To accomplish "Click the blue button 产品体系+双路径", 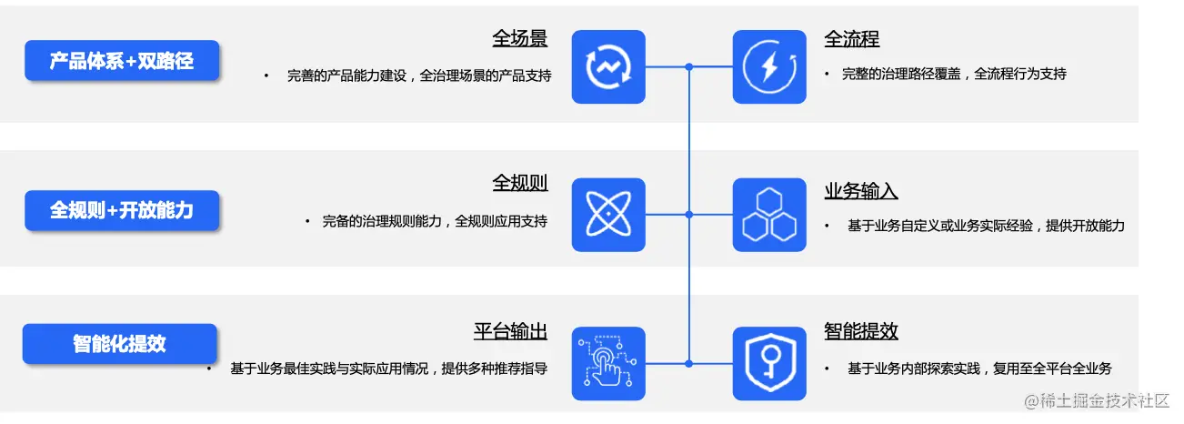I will tap(122, 61).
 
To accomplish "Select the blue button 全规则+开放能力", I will tap(122, 210).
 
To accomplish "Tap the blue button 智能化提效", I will tap(120, 344).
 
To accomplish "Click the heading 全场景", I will tap(520, 39).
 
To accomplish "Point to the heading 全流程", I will tap(852, 39).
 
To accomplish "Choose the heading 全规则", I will tap(520, 182).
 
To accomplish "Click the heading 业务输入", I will tap(861, 191).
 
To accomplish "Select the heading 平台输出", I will tap(511, 331).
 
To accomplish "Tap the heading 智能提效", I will tap(861, 331).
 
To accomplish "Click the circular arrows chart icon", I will tap(608, 66).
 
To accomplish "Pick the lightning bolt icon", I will tap(769, 66).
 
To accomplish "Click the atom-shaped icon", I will tap(608, 215).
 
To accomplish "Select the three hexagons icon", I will tap(769, 215).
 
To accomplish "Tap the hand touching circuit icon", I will tap(608, 363).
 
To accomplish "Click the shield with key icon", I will tap(769, 363).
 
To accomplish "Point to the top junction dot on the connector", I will tap(689, 66).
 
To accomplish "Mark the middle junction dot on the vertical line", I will tap(689, 215).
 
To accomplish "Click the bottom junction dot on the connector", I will tap(689, 363).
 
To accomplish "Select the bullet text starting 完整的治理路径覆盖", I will tap(954, 75).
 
